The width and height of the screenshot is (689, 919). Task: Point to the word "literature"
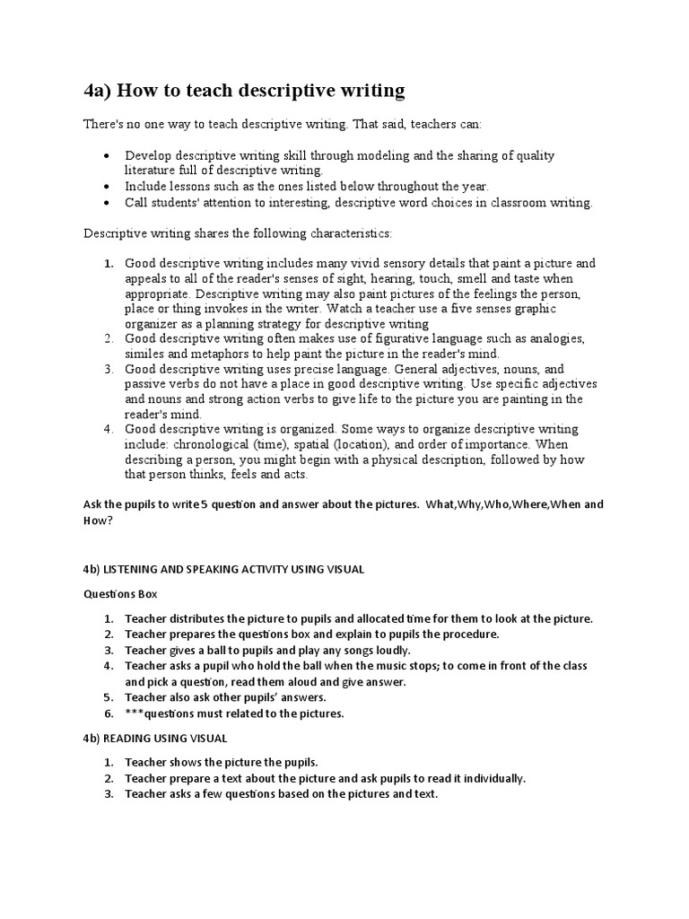pyautogui.click(x=153, y=170)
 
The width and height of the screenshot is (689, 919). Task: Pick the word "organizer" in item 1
pyautogui.click(x=153, y=323)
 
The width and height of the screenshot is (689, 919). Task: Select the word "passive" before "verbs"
pyautogui.click(x=146, y=383)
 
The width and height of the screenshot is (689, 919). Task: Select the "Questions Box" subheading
pyautogui.click(x=121, y=594)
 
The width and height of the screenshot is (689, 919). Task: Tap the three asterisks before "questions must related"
pyautogui.click(x=135, y=714)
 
